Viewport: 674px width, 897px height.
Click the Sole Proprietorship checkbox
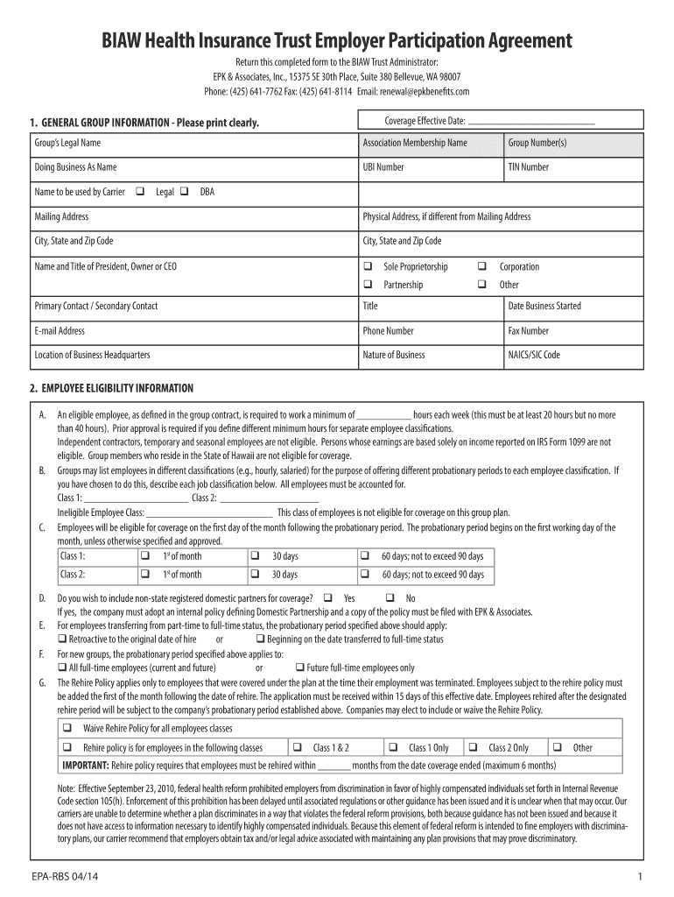368,266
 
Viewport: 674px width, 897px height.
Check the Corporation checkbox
481,266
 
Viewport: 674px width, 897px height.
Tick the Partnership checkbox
368,285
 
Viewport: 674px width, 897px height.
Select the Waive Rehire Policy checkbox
67,729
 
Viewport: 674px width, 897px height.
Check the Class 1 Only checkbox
393,747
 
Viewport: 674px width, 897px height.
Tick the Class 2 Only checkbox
473,747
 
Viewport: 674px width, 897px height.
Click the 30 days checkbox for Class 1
256,556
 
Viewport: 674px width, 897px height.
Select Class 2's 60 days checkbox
365,575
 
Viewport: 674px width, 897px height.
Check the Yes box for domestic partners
327,598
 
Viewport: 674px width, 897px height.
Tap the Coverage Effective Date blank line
531,122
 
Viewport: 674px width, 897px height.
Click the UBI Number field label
383,167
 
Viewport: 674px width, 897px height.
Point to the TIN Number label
529,167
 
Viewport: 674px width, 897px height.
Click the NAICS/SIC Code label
534,355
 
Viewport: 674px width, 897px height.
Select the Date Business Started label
544,306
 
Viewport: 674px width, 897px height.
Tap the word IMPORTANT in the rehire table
85,765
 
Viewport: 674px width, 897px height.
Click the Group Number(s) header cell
537,143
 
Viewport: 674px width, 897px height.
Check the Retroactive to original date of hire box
62,639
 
